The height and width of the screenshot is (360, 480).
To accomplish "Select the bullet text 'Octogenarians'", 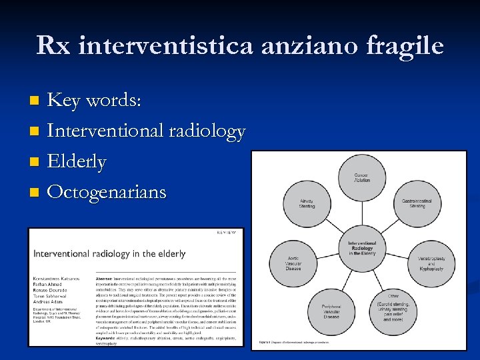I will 107,192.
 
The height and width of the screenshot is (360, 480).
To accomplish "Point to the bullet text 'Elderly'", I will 77,162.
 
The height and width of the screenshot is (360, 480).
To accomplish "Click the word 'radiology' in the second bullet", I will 207,131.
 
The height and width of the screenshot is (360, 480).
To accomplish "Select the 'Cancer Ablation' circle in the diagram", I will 362,178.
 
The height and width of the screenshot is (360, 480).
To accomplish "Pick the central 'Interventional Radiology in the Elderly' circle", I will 362,249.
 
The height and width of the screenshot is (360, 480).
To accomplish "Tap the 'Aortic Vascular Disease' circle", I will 293,263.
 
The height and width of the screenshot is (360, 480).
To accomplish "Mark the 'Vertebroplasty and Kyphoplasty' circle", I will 431,263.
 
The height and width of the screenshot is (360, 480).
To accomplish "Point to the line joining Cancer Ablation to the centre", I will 362,211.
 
